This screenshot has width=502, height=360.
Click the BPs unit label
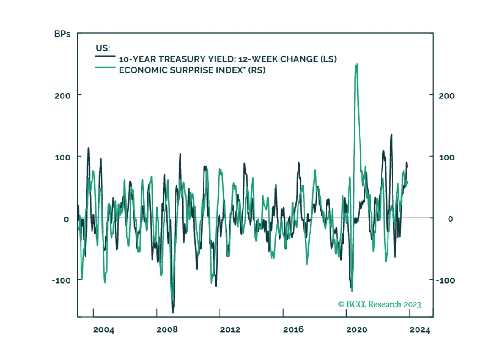coord(62,34)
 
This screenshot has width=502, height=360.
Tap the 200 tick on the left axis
coord(62,96)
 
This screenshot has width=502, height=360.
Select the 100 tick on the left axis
coord(62,157)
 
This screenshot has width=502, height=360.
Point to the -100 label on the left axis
coord(61,280)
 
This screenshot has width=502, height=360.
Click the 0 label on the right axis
coord(450,219)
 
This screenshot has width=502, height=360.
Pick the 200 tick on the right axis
coord(447,96)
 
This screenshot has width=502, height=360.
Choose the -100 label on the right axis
coord(445,280)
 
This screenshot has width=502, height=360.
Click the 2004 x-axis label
coord(103,330)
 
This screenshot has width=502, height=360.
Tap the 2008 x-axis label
coord(167,329)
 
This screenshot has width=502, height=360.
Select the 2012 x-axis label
coord(230,329)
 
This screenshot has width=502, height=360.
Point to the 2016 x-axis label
coord(293,329)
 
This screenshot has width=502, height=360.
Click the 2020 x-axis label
coord(357,329)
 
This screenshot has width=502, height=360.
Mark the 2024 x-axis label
coord(420,330)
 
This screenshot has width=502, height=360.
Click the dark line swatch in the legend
coord(105,56)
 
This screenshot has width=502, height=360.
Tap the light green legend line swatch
coord(105,67)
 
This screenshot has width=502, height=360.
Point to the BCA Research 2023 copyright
coord(379,304)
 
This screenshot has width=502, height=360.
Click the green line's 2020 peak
coord(356,65)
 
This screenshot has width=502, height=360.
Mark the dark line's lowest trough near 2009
coord(173,312)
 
